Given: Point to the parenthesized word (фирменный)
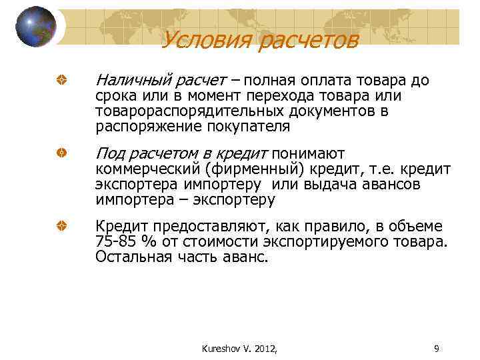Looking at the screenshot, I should [x=257, y=169].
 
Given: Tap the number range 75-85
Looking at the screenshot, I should [x=117, y=241].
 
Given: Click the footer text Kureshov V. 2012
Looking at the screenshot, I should [x=239, y=348].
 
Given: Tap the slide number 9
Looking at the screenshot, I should [x=435, y=348].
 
